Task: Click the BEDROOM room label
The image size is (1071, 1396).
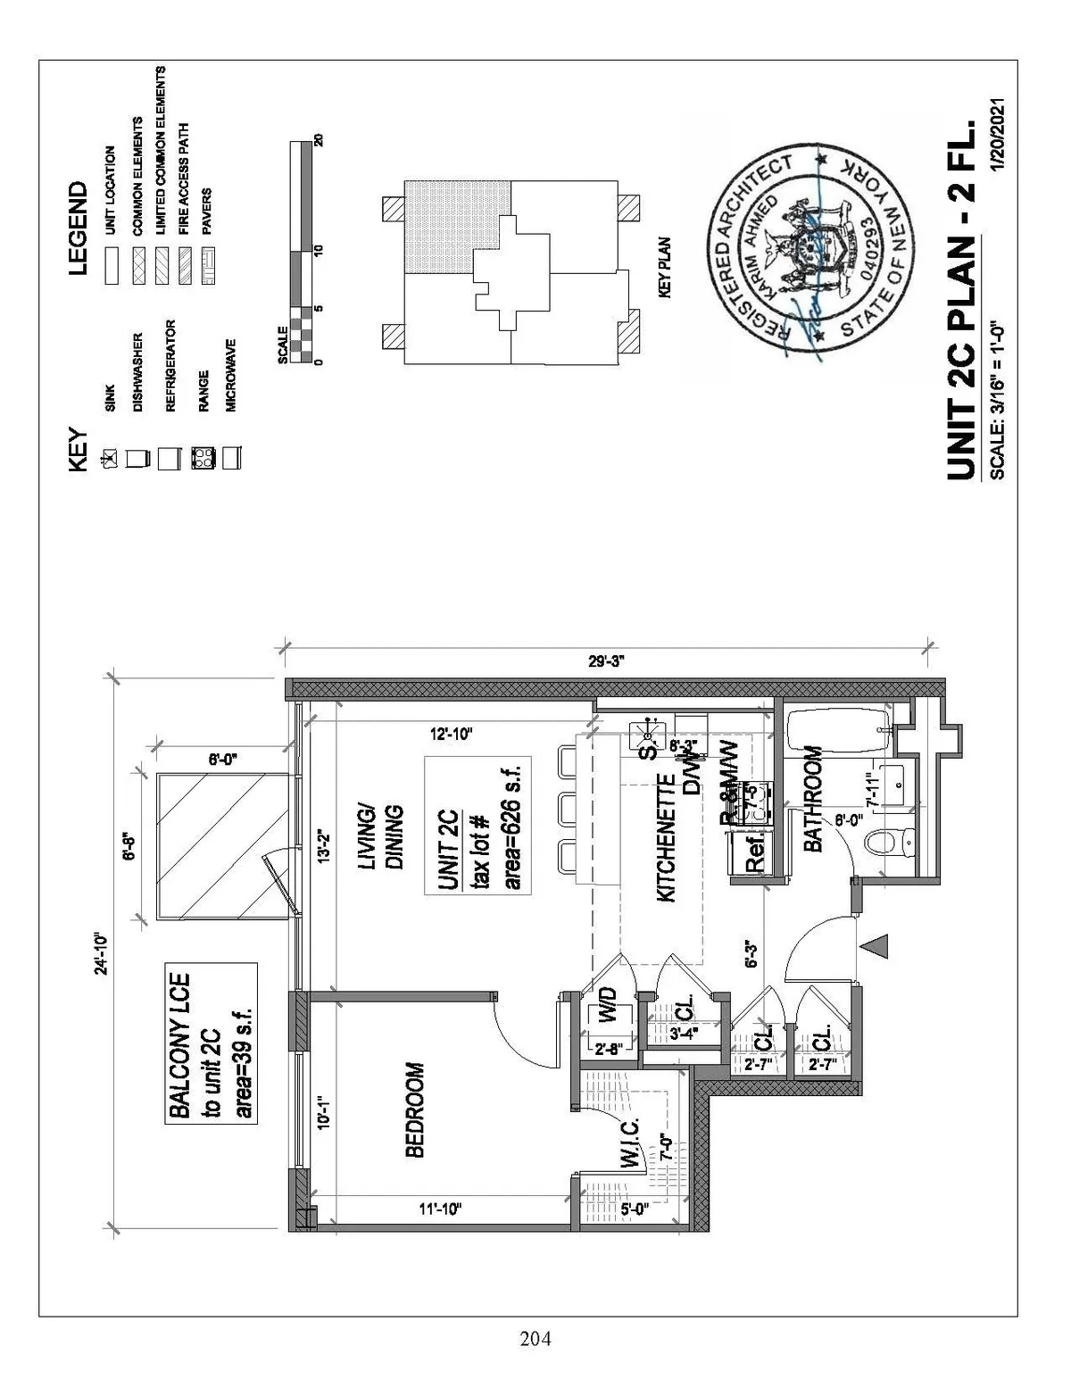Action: [414, 1109]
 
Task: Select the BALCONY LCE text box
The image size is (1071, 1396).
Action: [212, 1043]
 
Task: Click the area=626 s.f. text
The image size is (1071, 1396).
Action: [512, 825]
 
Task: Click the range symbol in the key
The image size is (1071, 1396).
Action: [203, 459]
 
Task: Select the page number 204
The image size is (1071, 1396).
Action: [535, 1339]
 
